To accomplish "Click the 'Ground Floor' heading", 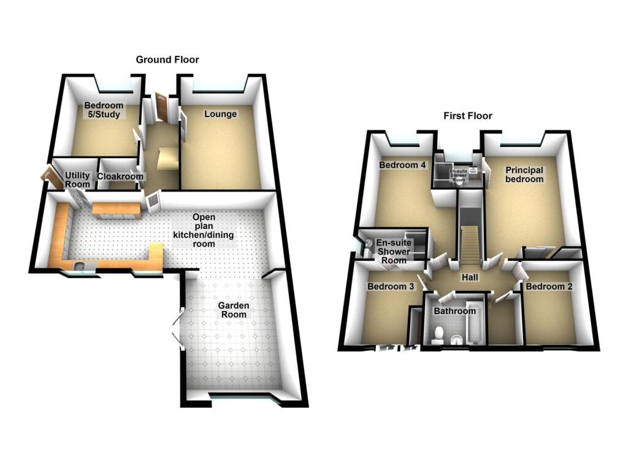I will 167,60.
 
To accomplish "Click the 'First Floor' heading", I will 468,116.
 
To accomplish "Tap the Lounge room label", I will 220,114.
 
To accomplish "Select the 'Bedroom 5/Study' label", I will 104,110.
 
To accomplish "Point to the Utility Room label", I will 78,180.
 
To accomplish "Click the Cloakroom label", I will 120,177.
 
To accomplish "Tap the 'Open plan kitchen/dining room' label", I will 204,230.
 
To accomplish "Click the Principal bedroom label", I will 524,174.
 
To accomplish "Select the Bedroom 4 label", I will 402,165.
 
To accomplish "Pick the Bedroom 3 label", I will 391,286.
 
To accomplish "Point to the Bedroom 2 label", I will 549,286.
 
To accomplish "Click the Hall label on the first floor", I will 470,278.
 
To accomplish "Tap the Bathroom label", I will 454,311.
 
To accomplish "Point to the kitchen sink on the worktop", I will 80,266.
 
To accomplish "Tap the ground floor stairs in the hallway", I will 167,158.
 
